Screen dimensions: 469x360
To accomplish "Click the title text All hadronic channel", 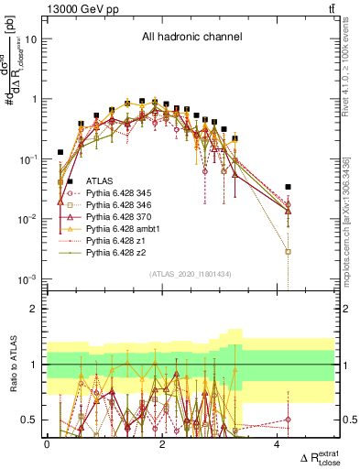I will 191,38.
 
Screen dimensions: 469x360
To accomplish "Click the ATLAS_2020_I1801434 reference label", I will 191,273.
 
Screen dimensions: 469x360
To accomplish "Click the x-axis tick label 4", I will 278,444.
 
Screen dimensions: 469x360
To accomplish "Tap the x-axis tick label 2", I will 162,444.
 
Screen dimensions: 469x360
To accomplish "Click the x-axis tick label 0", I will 48,444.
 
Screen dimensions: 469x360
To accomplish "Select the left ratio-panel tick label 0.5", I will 30,420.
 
